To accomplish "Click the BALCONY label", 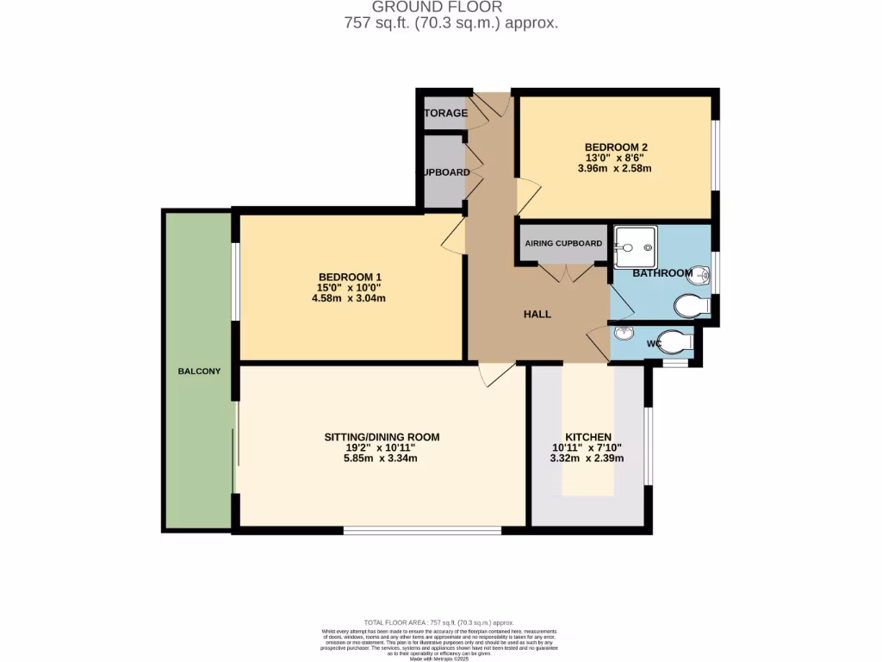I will tap(199, 372).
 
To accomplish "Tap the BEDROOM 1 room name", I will tap(348, 276).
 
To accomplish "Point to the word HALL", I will tap(537, 315).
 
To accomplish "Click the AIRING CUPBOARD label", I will tap(563, 244).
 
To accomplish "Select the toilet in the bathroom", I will tap(692, 306).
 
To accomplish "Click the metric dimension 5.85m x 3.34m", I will tap(381, 459).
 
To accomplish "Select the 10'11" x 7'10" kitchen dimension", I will tap(587, 448).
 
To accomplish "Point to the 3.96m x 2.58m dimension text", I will tap(614, 169).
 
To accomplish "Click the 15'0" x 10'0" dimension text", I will tap(348, 288).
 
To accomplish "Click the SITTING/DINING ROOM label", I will tap(382, 437).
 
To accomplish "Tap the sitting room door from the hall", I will tap(496, 373).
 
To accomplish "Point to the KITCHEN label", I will tap(587, 437).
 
